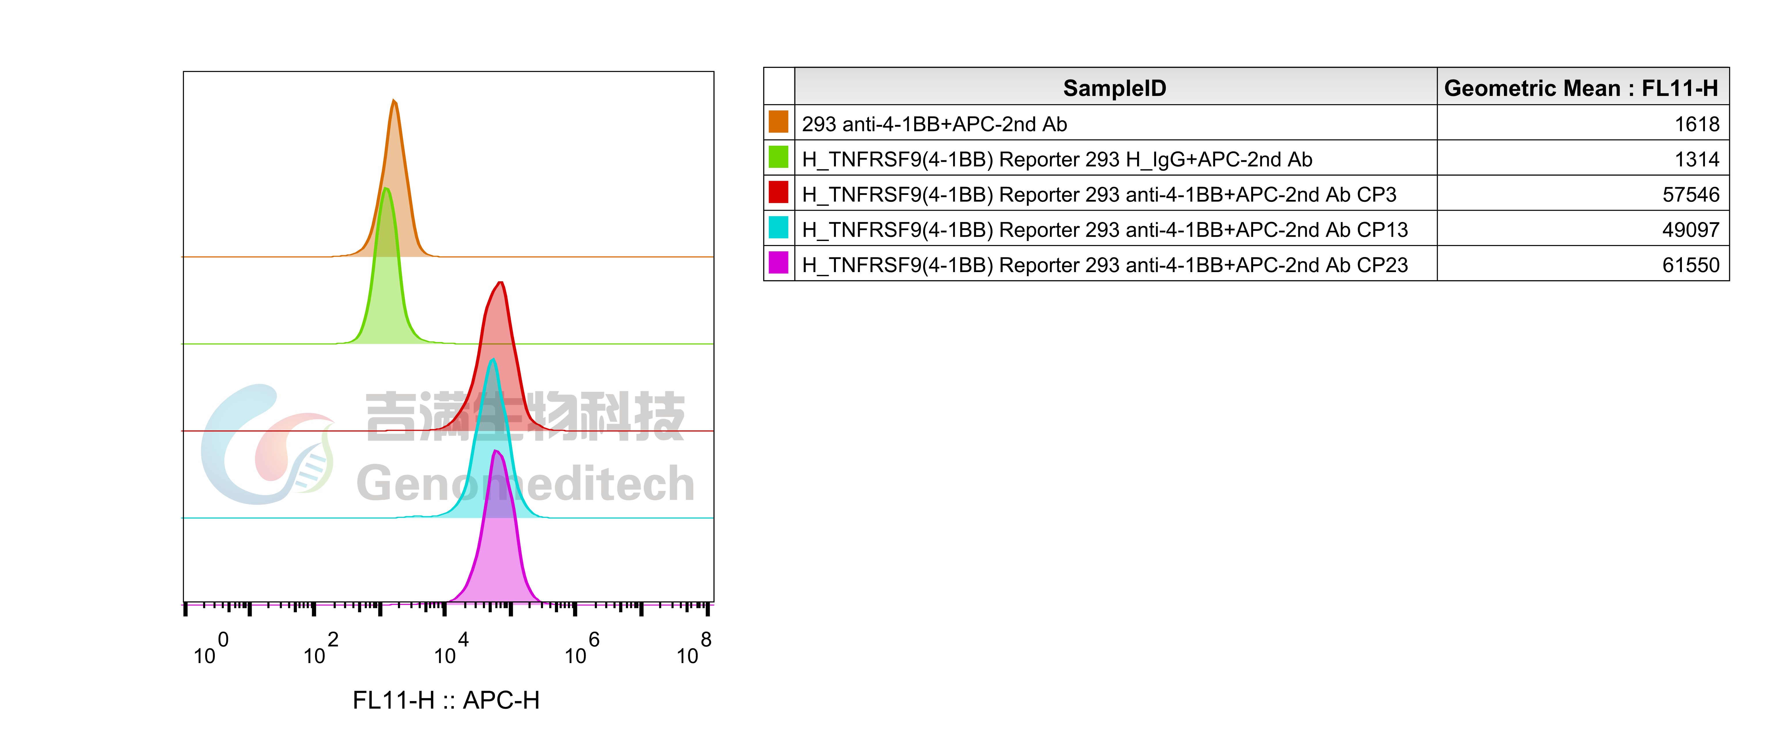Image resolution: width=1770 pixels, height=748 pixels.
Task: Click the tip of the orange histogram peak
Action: coord(394,101)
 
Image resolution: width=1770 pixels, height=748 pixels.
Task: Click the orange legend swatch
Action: coord(778,121)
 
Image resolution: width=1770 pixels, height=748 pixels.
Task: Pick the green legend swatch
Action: coord(778,157)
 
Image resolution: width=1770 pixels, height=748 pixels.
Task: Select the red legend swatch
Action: coord(778,192)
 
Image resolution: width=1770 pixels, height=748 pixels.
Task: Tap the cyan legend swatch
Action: coord(778,227)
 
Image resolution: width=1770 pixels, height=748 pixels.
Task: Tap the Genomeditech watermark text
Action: coord(526,483)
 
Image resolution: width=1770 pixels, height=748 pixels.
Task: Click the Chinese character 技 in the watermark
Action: coord(660,415)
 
